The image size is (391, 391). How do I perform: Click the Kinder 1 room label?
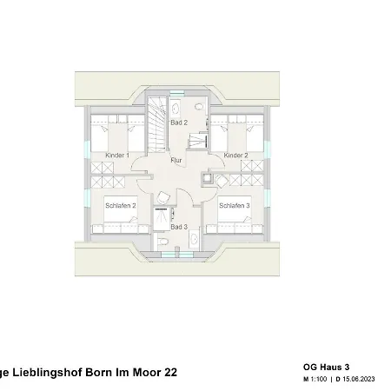117,156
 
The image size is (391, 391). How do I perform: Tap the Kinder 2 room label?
235,156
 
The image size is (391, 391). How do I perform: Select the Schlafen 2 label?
121,206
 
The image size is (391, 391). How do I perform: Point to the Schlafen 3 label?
235,206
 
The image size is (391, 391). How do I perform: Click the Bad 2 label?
179,123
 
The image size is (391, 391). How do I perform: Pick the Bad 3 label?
178,227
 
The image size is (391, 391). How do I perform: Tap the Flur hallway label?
176,160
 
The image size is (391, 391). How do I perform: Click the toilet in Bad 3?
162,241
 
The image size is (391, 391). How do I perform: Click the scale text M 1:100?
315,380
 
